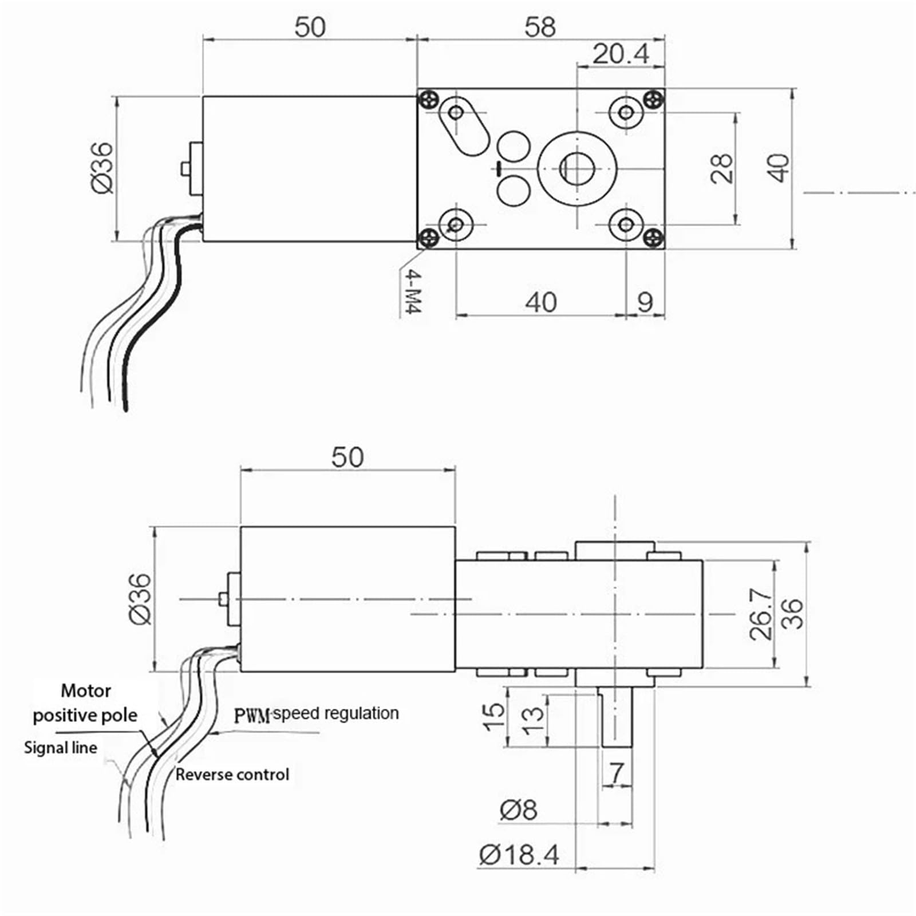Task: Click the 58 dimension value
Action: click(x=540, y=27)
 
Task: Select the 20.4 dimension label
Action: click(x=621, y=54)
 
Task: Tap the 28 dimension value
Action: click(x=722, y=168)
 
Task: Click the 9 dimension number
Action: click(x=645, y=302)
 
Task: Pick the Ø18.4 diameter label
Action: click(x=519, y=855)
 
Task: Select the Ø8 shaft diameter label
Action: click(x=519, y=810)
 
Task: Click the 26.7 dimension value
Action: click(x=761, y=614)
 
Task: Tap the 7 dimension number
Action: click(x=617, y=773)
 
